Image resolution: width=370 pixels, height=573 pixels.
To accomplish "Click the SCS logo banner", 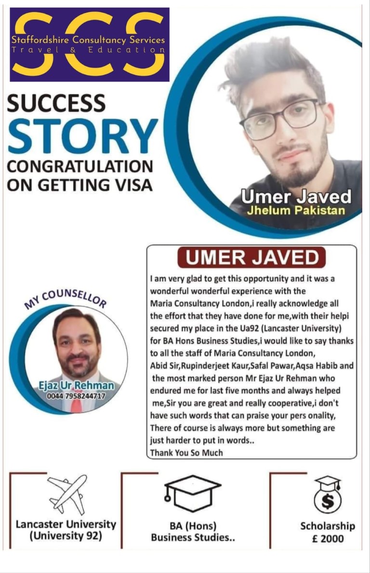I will [90, 44].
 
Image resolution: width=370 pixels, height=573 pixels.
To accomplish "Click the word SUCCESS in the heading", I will [56, 103].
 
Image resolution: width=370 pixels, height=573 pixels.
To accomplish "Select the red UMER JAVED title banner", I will [252, 258].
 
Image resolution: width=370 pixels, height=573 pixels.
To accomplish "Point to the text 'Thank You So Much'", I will [186, 453].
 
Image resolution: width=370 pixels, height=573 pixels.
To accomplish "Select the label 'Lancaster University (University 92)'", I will [66, 530].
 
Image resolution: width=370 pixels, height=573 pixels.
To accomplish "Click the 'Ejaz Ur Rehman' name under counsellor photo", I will [77, 385].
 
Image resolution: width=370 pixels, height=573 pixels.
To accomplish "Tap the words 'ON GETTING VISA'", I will [79, 185].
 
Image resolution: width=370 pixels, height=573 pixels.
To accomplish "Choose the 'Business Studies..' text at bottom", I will [193, 537].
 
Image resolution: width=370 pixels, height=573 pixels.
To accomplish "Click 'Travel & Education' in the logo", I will [88, 50].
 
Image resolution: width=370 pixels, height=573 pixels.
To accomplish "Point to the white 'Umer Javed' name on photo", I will [296, 197].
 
